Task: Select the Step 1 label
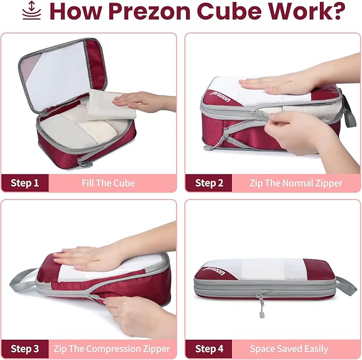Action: point(25,183)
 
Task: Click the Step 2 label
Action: point(209,183)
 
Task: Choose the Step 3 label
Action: point(25,349)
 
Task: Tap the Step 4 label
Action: point(209,349)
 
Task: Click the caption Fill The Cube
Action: point(108,183)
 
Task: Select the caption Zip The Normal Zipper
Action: point(296,183)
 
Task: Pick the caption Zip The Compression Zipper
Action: point(112,349)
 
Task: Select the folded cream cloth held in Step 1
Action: point(107,104)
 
